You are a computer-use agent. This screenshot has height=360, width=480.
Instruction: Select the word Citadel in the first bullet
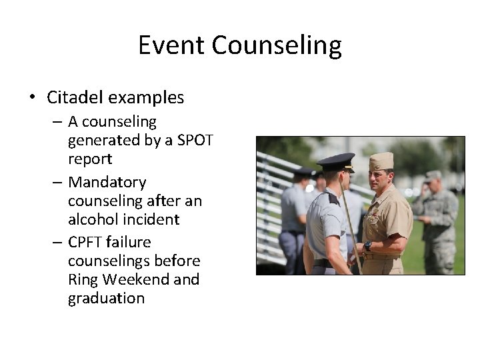75,97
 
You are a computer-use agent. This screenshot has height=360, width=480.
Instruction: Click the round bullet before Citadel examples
32,98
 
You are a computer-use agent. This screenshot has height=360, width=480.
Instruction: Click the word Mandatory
107,182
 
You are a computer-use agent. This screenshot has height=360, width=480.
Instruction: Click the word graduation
106,298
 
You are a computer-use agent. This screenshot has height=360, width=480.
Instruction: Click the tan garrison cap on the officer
381,161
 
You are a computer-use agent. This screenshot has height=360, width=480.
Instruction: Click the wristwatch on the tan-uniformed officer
367,246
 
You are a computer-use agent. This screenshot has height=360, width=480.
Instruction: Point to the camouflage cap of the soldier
433,175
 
